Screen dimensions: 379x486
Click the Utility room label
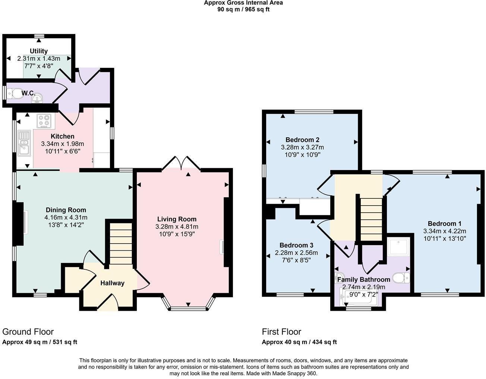pyautogui.click(x=39, y=51)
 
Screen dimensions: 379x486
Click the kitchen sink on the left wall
pyautogui.click(x=24, y=142)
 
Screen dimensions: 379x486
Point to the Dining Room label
pyautogui.click(x=66, y=210)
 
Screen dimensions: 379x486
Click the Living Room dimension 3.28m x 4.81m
pyautogui.click(x=177, y=227)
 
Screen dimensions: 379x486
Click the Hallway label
pyautogui.click(x=112, y=283)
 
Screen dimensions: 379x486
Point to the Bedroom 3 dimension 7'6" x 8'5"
pyautogui.click(x=296, y=260)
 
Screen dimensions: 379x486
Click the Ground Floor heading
pyautogui.click(x=28, y=332)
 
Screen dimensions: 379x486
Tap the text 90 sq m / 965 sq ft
pyautogui.click(x=243, y=9)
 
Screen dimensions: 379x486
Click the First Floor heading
pyautogui.click(x=281, y=332)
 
